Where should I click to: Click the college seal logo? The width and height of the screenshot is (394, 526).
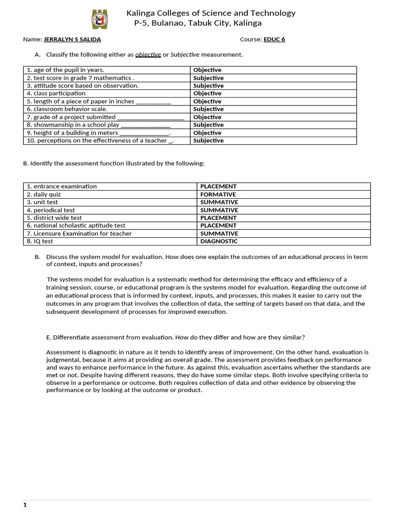coord(100,20)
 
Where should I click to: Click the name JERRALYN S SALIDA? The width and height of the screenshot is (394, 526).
coord(72,40)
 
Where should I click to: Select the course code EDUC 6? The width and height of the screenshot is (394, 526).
coord(274,40)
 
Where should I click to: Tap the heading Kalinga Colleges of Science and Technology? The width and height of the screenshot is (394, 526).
coord(211,13)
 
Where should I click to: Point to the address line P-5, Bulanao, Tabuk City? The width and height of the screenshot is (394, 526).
coord(198,23)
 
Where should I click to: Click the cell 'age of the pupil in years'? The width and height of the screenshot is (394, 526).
coord(65,70)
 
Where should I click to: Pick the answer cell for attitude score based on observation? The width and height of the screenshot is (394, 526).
coord(208,86)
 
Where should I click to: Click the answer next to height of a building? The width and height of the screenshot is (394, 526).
coord(207,133)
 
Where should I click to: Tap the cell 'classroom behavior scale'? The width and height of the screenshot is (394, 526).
coord(67,109)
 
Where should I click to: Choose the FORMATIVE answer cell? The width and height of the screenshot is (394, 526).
coord(218,195)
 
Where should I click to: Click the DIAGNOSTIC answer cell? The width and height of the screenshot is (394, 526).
coord(219,241)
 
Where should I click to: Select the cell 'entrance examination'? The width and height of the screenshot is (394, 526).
coord(62,186)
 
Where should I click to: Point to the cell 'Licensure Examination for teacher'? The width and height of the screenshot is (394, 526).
coord(79,234)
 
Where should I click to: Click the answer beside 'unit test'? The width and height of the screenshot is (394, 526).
coord(219,202)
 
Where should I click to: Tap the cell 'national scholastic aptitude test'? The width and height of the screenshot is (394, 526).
coord(76,226)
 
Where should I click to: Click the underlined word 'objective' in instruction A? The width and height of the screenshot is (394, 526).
coord(148,55)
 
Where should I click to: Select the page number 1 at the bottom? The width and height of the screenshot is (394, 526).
coord(25,505)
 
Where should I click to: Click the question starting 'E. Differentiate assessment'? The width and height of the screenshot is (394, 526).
coord(175,337)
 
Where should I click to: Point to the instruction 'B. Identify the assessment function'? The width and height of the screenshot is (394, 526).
coord(114,163)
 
